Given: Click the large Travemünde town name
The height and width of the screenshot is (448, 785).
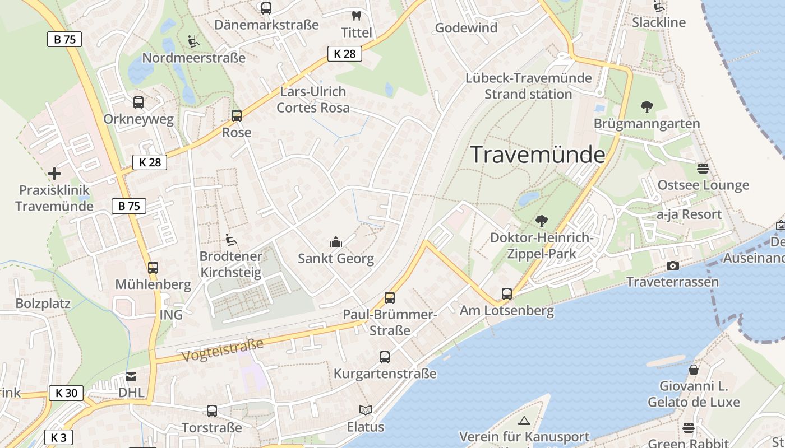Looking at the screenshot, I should [538, 155].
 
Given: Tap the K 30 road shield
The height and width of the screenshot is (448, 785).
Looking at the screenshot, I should [66, 393].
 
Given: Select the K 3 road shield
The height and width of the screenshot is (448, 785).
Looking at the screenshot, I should [58, 438].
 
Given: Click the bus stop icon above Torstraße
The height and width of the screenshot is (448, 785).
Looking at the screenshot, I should [212, 411].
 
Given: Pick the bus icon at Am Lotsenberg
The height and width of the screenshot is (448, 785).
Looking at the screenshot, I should [506, 294].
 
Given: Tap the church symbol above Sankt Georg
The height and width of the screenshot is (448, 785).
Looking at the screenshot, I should [336, 242].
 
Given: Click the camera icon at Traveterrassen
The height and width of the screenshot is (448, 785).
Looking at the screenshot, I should [673, 265].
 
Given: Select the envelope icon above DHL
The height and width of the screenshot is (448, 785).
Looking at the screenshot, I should [131, 377].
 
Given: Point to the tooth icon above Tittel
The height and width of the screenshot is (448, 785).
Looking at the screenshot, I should [355, 16].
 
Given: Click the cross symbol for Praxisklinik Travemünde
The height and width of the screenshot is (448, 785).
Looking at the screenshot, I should [54, 174].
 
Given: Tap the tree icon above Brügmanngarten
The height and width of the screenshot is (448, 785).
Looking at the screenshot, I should [647, 106].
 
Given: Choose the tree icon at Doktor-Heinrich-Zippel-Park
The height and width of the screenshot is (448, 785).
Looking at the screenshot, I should [541, 221].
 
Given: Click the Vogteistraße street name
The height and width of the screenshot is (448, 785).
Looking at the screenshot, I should [222, 349].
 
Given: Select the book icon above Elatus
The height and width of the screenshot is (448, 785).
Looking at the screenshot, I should [366, 410].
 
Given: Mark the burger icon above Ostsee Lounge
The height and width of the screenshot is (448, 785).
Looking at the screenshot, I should [703, 168].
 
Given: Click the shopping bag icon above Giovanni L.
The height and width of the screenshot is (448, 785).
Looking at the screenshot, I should [694, 370].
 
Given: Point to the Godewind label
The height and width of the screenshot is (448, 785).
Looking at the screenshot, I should [466, 28].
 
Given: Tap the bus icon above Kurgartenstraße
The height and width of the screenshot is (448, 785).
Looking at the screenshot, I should [385, 357].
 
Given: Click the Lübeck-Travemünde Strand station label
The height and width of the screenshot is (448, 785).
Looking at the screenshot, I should [528, 86].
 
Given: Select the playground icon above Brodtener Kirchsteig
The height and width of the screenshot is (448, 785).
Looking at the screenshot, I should [230, 240].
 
